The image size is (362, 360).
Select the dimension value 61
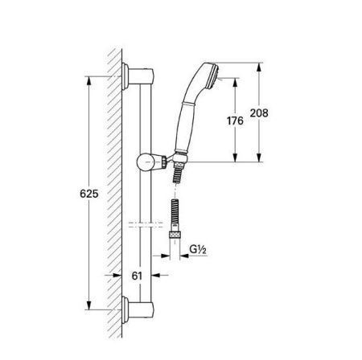(x=138, y=276)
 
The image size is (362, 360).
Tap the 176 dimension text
(x=234, y=121)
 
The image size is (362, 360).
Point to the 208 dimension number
(x=259, y=113)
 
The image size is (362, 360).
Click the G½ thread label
(x=199, y=250)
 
